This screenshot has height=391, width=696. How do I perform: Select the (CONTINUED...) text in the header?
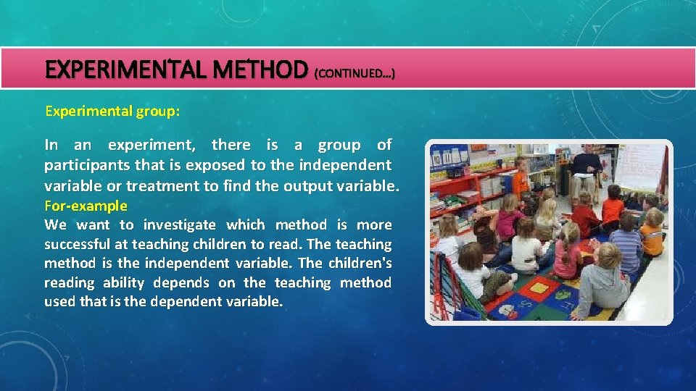click(x=354, y=74)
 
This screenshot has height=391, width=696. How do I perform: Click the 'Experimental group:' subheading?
click(x=112, y=112)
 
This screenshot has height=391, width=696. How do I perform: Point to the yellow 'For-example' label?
click(x=86, y=206)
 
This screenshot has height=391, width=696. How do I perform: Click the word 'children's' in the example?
click(x=360, y=264)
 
